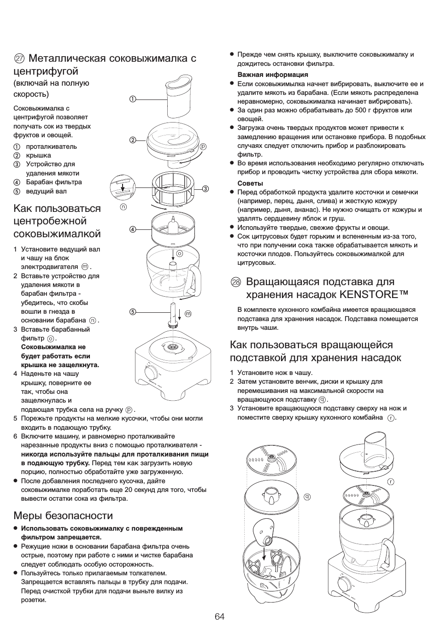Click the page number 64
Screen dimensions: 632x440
(219, 616)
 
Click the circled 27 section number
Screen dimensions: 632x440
(19, 59)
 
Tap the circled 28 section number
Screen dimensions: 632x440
(236, 282)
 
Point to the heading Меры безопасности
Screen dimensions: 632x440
(63, 515)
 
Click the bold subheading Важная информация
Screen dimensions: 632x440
(273, 74)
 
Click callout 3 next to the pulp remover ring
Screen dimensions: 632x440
(205, 188)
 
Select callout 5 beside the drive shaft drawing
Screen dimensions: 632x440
(133, 311)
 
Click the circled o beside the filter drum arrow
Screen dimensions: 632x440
(180, 253)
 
